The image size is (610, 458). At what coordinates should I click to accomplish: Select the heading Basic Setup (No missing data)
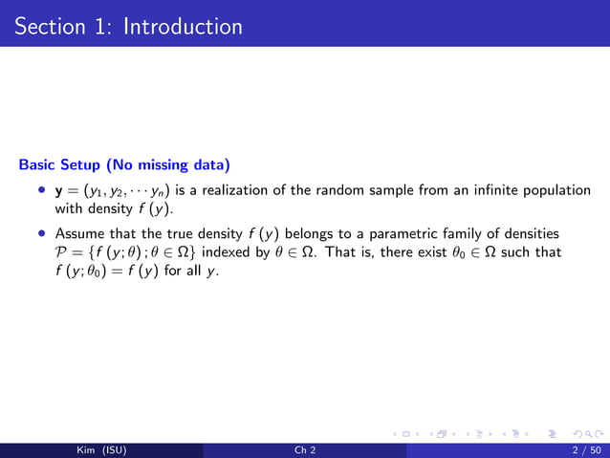[123, 164]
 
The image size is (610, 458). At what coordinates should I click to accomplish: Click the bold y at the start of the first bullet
[59, 190]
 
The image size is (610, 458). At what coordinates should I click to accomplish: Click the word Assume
[78, 233]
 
